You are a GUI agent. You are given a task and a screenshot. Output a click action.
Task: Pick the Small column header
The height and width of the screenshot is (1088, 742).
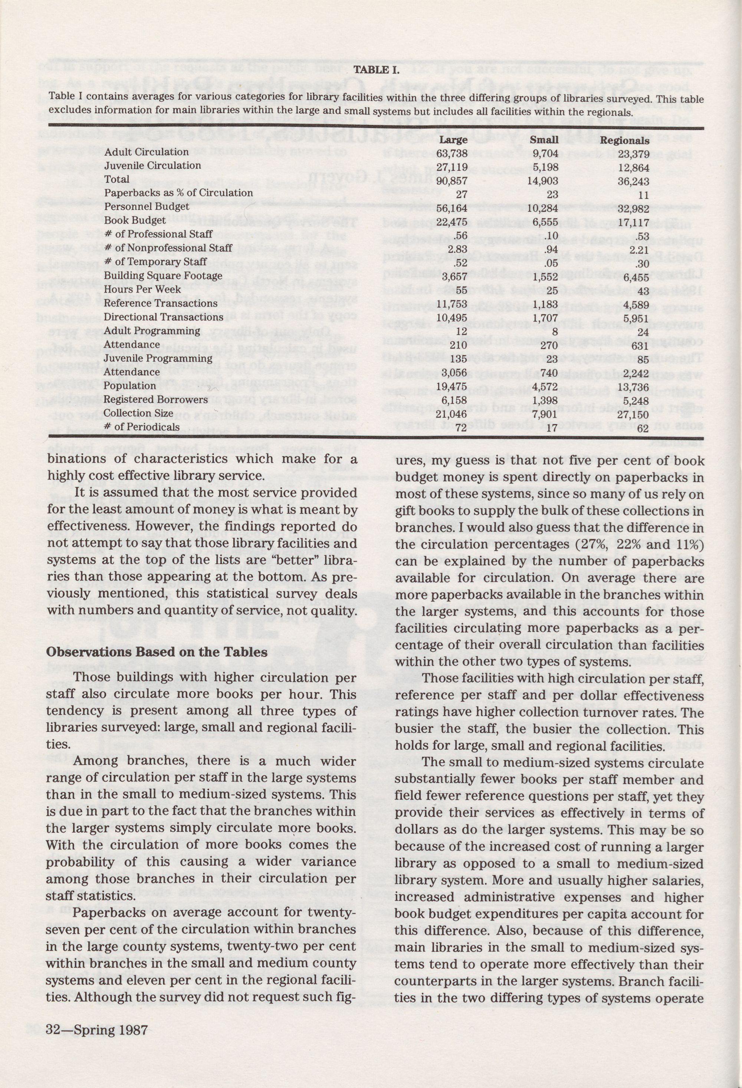545,140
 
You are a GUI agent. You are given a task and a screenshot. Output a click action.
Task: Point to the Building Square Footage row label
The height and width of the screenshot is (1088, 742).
163,275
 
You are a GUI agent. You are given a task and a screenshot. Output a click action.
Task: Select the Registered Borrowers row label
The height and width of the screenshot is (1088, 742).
156,399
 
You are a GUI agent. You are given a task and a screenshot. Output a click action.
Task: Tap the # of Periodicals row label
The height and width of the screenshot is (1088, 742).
141,427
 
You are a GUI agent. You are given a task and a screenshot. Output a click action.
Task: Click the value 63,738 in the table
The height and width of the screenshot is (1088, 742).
452,154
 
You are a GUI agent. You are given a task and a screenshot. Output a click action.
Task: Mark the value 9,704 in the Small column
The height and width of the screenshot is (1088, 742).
545,154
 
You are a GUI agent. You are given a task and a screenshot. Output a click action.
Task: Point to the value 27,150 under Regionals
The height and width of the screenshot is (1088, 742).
633,414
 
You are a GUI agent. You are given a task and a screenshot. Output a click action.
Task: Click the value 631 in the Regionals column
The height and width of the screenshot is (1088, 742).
640,346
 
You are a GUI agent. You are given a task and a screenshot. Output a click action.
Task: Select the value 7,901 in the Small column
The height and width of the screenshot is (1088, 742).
545,414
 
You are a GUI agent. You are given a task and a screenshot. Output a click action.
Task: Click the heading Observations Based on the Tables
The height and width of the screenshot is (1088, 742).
157,652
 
